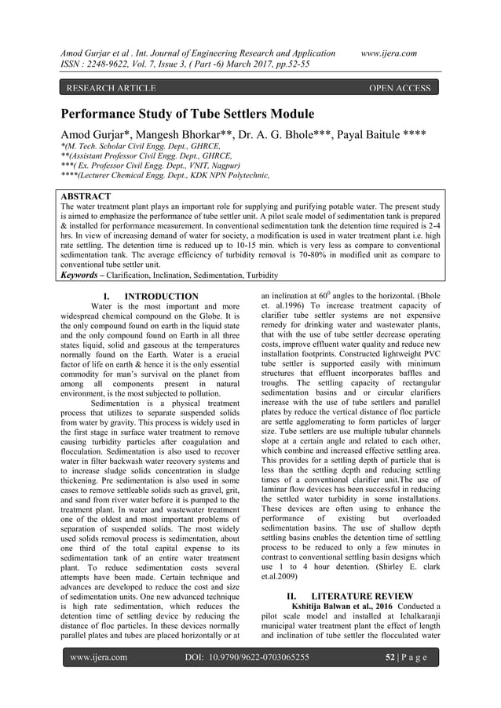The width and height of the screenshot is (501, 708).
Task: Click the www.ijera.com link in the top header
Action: point(389,53)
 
